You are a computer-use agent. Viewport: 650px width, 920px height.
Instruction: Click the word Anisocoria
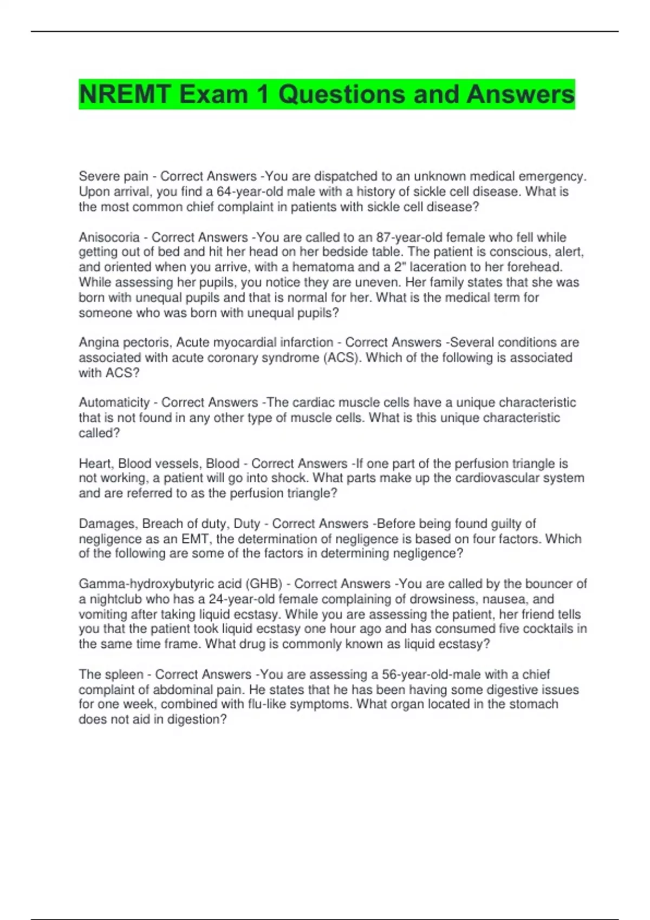tap(109, 237)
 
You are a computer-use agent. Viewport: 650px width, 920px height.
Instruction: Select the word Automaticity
tap(114, 402)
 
